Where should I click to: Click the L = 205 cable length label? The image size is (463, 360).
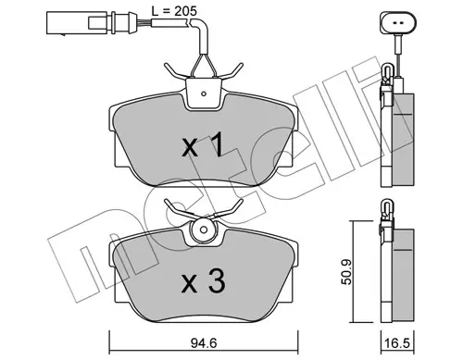click(174, 11)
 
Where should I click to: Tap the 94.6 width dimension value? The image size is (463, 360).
click(204, 342)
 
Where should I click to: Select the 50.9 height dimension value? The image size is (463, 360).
click(346, 272)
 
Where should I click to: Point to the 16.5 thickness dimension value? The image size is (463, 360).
click(397, 343)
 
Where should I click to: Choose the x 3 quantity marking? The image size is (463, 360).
click(203, 281)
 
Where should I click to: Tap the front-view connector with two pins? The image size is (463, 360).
click(398, 23)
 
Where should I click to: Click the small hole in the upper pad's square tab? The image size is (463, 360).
click(204, 93)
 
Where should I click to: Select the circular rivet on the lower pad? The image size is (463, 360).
click(203, 230)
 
